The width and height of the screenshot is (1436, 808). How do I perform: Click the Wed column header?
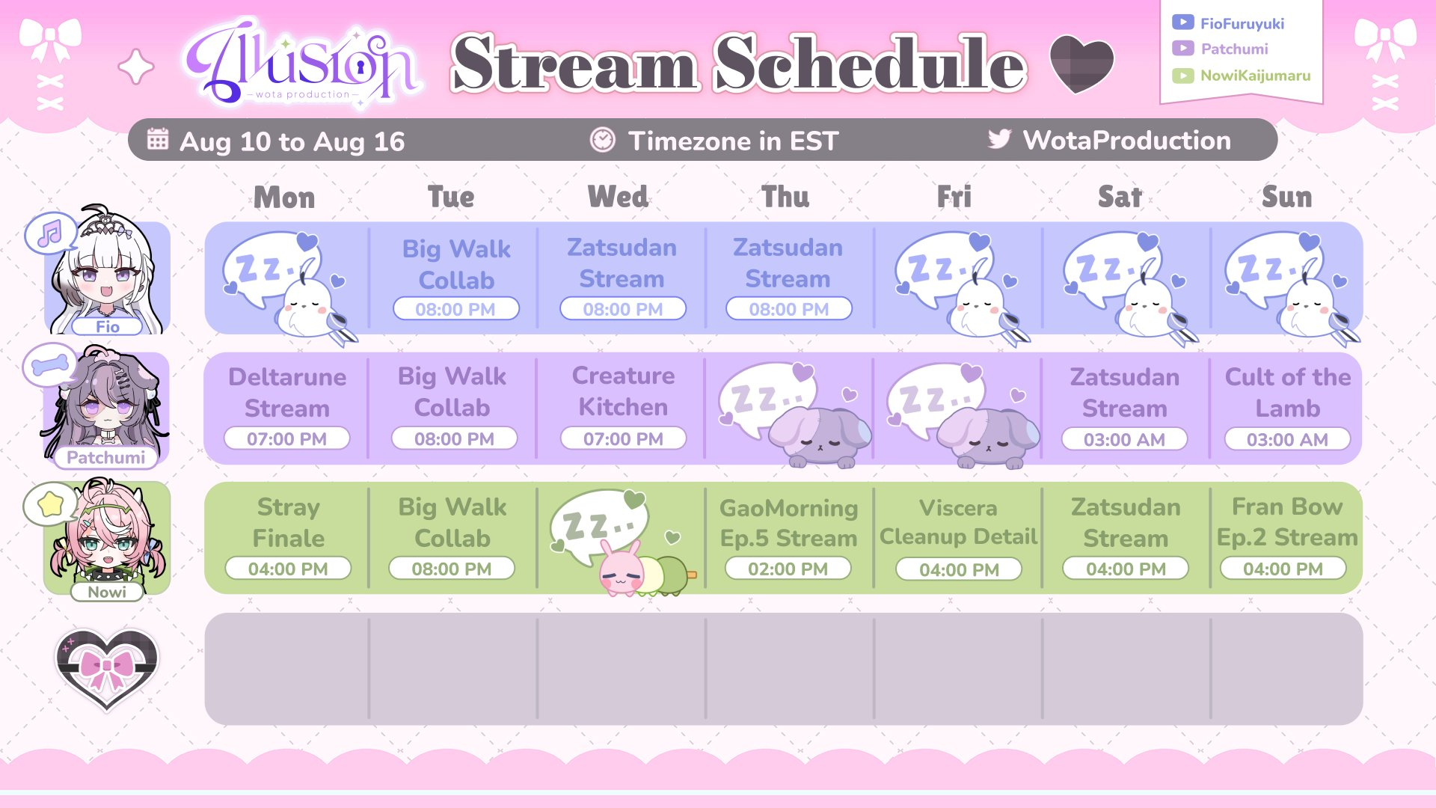pos(618,197)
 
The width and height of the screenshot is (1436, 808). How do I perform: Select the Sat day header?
pos(1120,197)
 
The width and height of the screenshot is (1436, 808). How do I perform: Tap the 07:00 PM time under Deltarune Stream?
pos(287,438)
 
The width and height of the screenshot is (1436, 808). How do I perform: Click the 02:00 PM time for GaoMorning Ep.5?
pos(788,569)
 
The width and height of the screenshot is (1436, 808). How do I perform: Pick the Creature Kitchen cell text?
pos(623,391)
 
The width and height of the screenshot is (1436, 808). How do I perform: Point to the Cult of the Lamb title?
pos(1287,392)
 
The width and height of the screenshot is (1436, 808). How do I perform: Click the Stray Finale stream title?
pos(289,522)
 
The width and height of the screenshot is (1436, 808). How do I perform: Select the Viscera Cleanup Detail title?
pos(958,522)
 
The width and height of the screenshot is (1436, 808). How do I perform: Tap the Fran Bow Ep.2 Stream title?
pos(1287,522)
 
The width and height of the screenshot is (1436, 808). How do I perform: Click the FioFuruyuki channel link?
pos(1242,23)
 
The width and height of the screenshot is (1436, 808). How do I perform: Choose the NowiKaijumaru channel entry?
pos(1255,76)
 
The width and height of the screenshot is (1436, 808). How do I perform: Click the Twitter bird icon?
pos(999,138)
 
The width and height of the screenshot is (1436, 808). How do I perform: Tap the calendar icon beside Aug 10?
pos(158,138)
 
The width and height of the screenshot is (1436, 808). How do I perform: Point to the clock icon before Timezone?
pos(602,139)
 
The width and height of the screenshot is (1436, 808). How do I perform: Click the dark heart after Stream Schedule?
pos(1081,63)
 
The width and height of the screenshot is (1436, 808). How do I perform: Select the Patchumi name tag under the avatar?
pos(106,457)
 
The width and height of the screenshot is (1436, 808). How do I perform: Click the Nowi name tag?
pos(107,592)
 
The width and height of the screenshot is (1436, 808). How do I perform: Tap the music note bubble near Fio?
pos(50,233)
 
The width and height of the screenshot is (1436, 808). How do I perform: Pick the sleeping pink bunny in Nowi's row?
pos(622,570)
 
